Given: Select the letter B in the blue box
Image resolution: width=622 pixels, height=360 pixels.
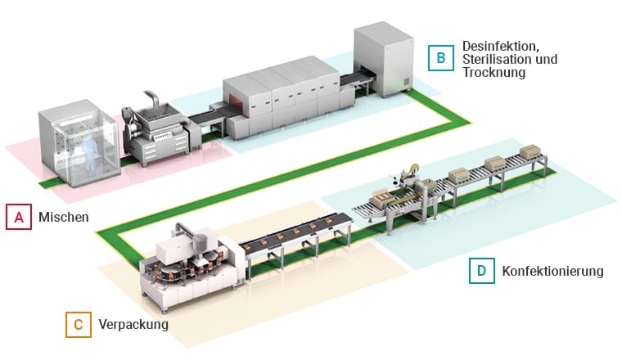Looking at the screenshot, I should [x=440, y=58].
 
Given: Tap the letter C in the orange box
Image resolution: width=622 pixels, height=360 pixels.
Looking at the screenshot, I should [x=78, y=325].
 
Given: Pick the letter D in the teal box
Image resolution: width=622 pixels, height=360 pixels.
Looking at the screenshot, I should [x=481, y=271].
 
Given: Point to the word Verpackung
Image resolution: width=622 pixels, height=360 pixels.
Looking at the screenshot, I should [x=133, y=325].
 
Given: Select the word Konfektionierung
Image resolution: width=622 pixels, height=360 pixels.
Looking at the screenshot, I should [x=552, y=271].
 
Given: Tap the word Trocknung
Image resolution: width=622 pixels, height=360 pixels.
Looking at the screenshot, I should [x=494, y=73].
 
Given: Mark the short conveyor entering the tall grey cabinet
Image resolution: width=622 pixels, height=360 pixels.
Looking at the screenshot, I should [x=360, y=83].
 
